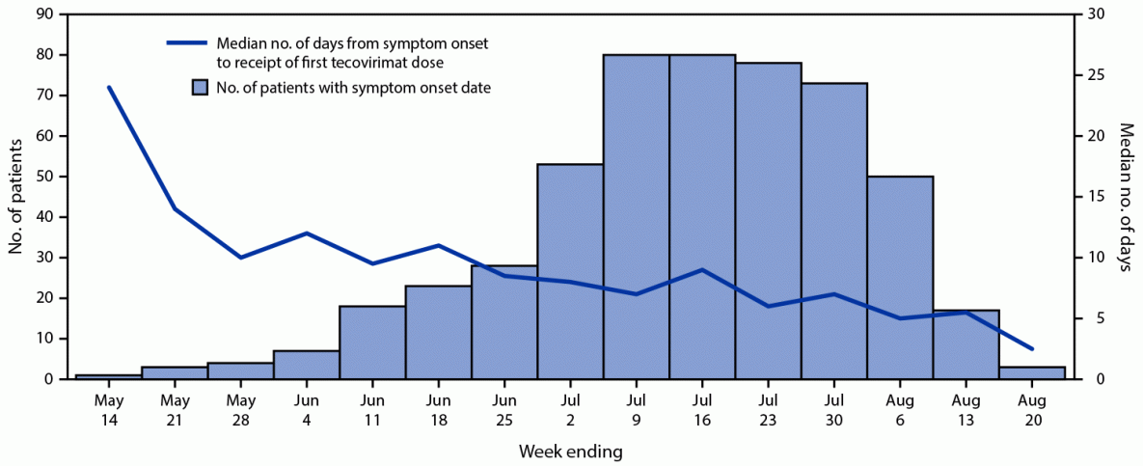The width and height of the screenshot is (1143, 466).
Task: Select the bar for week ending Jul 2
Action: tap(570, 271)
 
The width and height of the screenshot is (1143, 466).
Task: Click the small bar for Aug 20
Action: tap(1032, 372)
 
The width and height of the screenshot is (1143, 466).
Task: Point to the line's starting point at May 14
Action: tap(108, 87)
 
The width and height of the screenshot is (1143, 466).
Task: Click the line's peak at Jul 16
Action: tap(702, 269)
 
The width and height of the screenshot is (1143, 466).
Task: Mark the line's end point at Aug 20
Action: tap(1032, 348)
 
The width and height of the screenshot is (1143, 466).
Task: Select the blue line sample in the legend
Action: tap(188, 43)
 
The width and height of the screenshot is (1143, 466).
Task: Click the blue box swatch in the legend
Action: tap(200, 88)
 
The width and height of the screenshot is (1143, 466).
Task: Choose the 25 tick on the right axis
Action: tap(1089, 75)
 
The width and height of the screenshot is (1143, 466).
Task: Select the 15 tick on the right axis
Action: tap(1089, 197)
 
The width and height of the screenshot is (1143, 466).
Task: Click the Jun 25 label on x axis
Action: tap(503, 407)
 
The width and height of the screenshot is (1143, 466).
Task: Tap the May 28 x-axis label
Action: tap(240, 407)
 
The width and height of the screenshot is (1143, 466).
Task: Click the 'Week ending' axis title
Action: tap(570, 451)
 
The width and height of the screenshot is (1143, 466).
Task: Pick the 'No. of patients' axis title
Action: tap(16, 197)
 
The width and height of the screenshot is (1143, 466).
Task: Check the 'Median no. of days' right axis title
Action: tap(1125, 197)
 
